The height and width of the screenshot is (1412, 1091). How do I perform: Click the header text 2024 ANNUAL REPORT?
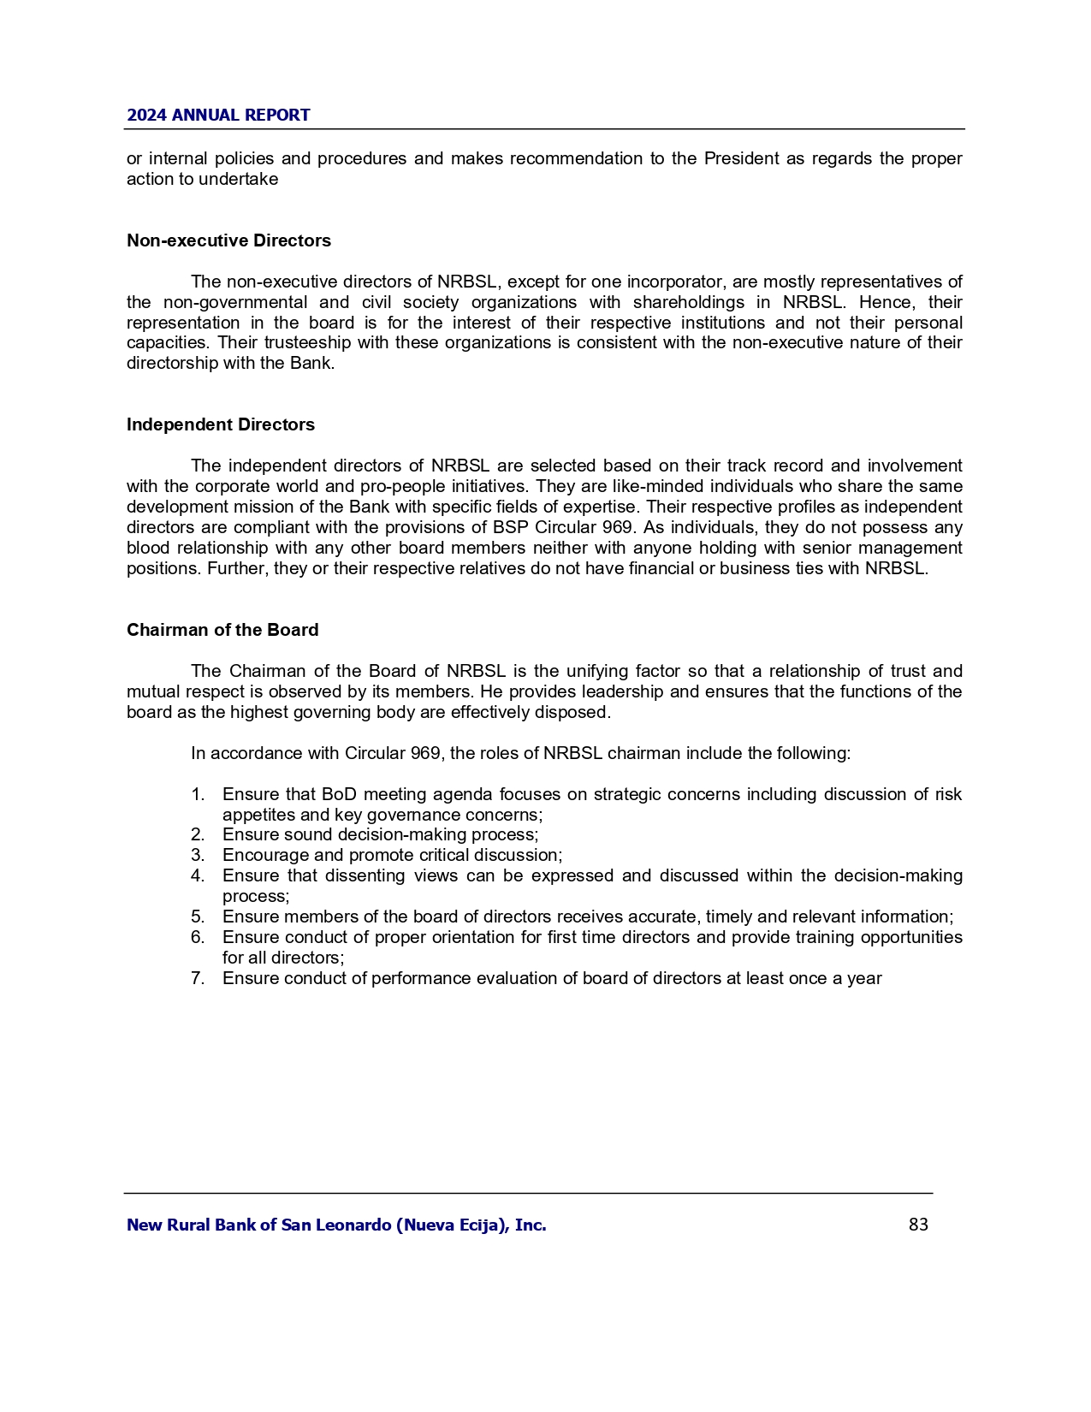[x=218, y=116]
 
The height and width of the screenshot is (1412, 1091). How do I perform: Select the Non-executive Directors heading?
[x=228, y=240]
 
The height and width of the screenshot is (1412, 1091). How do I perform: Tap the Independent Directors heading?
[x=221, y=424]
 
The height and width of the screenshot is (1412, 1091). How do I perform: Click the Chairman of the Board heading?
[x=222, y=630]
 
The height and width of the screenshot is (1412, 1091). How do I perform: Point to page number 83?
[x=918, y=1225]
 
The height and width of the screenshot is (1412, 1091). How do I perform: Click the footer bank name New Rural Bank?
[x=336, y=1225]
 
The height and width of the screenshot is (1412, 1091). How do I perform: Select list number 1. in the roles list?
[x=198, y=795]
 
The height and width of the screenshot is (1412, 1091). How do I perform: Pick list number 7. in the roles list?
[x=198, y=978]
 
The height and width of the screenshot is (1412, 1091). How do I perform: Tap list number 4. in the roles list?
[x=198, y=875]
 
